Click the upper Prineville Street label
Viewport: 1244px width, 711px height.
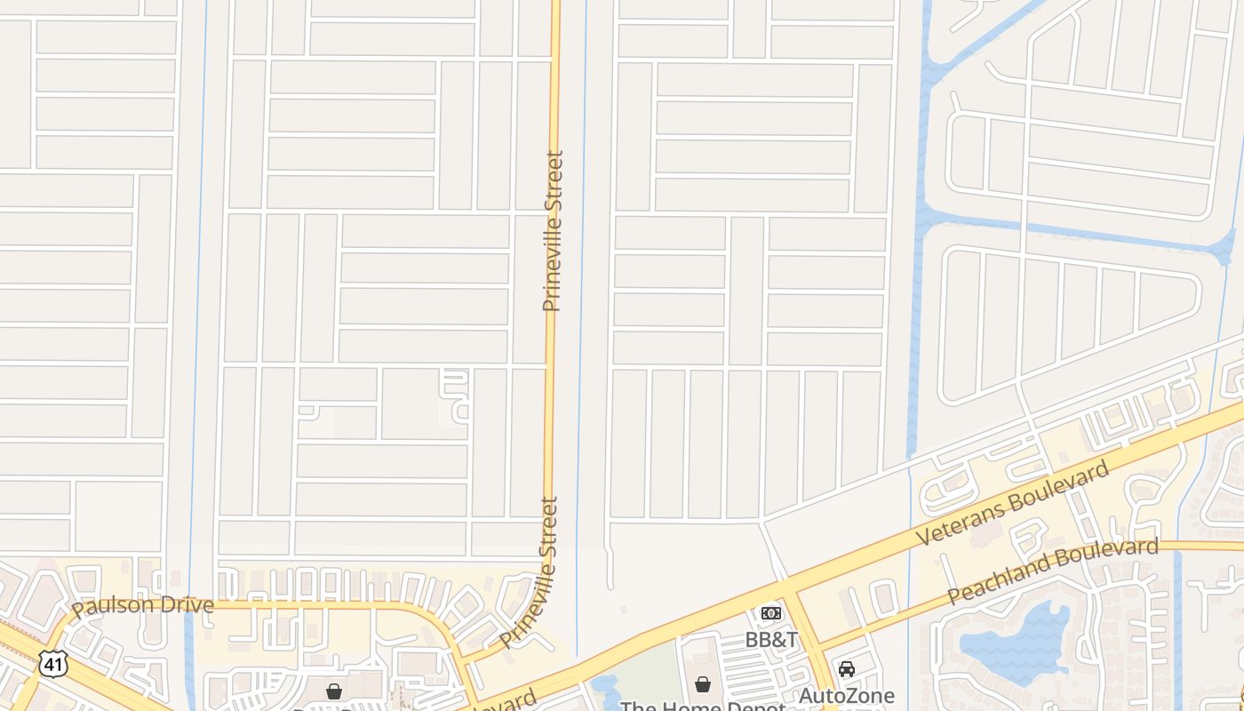point(553,231)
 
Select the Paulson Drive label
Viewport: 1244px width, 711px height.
point(143,606)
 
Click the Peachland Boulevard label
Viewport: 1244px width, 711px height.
point(1053,571)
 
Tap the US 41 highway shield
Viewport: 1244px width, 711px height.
point(52,662)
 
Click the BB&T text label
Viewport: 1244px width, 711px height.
point(771,639)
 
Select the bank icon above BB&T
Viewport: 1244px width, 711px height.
point(771,613)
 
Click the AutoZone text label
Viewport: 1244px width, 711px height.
point(847,695)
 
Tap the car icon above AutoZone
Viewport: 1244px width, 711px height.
point(847,668)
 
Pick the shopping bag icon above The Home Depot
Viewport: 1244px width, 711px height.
point(703,683)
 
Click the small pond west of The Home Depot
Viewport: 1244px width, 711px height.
point(605,686)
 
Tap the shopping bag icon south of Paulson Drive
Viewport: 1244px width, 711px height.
point(334,691)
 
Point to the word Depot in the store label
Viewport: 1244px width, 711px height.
point(755,707)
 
